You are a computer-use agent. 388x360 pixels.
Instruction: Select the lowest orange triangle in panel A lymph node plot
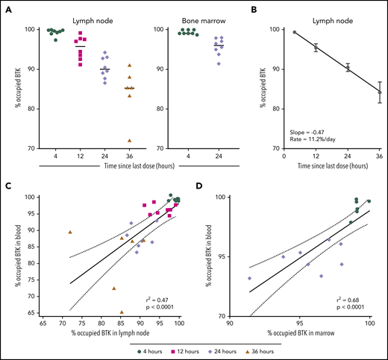coord(130,140)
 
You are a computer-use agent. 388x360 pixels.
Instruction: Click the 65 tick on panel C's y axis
coord(35,313)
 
